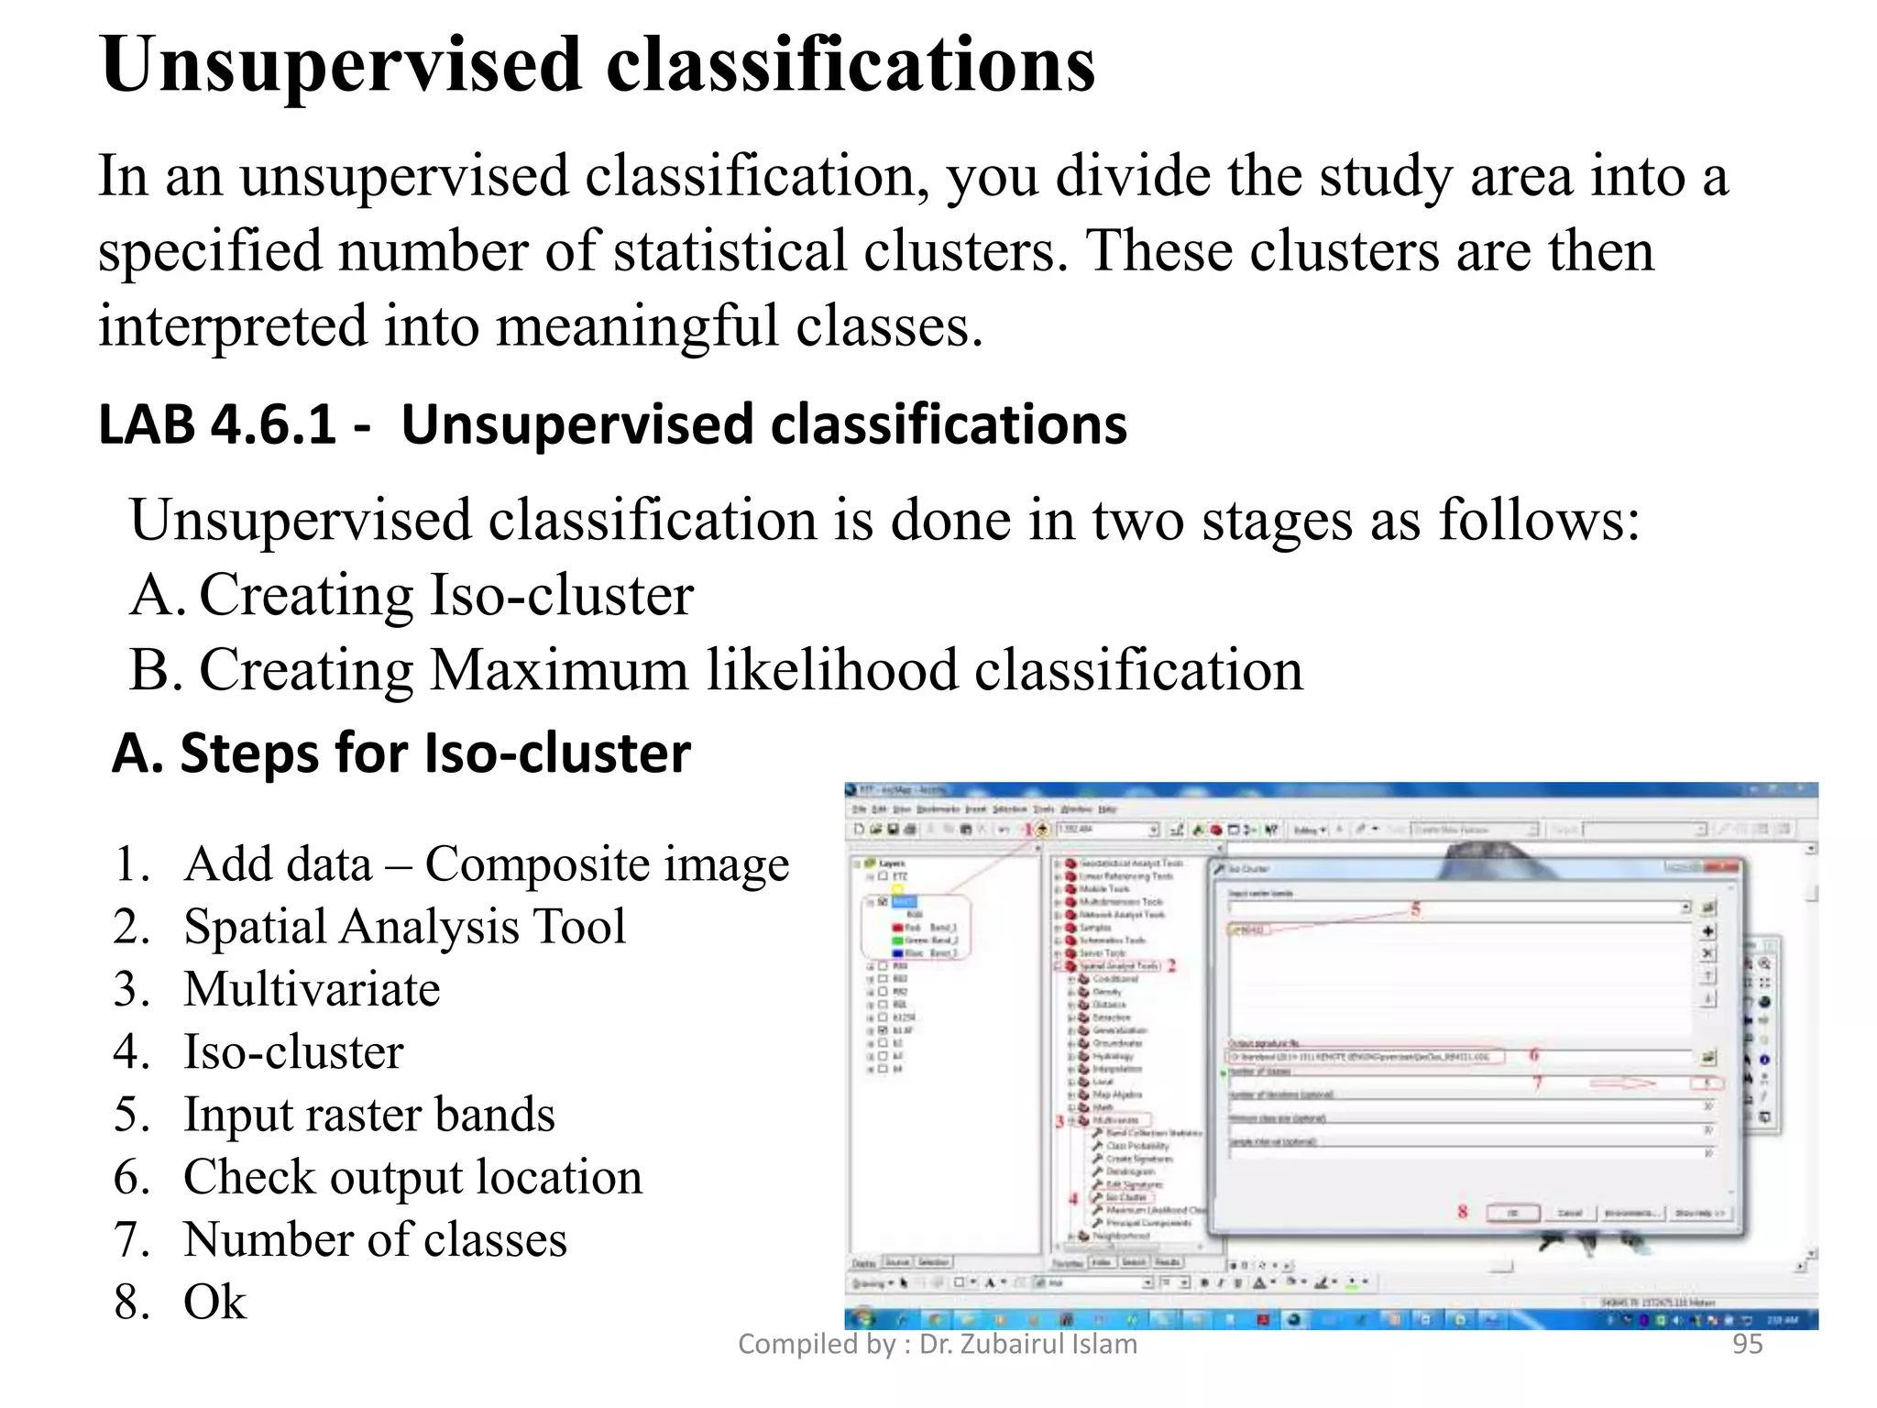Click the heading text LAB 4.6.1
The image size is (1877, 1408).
click(218, 425)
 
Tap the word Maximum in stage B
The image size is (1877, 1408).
click(558, 670)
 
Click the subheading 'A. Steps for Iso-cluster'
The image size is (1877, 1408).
click(401, 753)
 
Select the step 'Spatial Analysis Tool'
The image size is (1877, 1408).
click(404, 927)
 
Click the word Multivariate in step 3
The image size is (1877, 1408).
click(312, 990)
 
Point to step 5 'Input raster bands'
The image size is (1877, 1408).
click(368, 1115)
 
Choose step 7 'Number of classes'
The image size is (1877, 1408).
click(375, 1240)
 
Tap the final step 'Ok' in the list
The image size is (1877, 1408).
click(214, 1303)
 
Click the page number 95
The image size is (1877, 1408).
click(1747, 1344)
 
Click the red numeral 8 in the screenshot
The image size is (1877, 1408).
click(1462, 1212)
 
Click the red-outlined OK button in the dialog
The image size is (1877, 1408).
click(1512, 1213)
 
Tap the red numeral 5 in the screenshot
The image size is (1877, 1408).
click(1415, 908)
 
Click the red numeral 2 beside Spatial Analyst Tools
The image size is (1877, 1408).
click(1171, 965)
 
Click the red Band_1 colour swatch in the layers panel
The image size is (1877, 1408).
click(897, 928)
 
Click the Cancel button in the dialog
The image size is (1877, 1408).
click(1570, 1213)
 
